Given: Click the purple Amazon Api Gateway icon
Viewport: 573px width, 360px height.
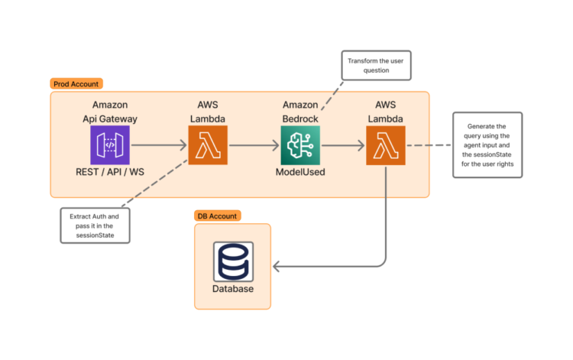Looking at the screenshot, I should pos(110,145).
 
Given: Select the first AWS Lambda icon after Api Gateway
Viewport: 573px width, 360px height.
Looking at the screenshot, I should pos(208,145).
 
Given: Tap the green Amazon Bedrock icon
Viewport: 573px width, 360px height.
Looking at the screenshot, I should pos(300,145).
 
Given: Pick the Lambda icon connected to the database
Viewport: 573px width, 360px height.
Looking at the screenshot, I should pos(386,145).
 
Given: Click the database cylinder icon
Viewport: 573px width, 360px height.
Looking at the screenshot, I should pos(232,262).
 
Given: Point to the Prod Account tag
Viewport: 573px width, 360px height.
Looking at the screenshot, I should pos(76,83).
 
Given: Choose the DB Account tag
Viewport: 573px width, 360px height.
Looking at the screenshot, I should pos(218,216).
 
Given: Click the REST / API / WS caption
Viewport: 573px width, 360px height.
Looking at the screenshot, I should pos(110,172).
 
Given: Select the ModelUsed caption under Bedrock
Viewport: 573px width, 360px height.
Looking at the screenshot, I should pos(300,172).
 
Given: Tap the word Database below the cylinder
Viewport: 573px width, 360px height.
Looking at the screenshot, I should pos(232,289).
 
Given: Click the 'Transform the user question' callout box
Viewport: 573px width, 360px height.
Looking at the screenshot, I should pos(377,65).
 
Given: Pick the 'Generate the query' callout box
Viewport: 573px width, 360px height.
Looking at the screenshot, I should pos(488,145).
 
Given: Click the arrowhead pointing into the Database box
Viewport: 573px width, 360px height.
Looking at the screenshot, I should pos(277,266).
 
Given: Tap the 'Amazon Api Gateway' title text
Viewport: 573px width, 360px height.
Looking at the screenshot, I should pos(110,112).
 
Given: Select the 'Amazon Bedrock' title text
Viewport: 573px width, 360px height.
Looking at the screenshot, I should pos(300,112).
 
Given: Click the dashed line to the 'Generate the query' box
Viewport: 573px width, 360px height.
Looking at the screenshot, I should pos(429,145).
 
